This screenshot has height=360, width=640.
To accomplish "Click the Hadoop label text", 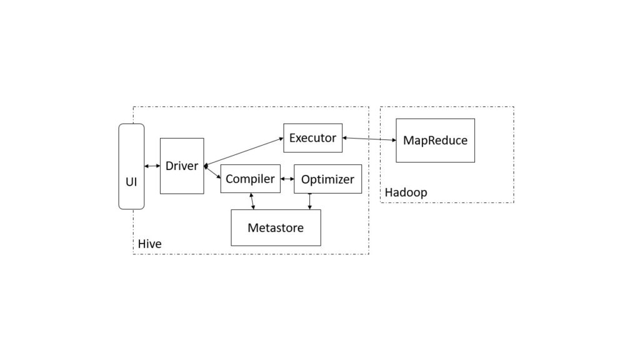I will tap(406, 192).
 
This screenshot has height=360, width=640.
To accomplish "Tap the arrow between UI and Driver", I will tap(152, 166).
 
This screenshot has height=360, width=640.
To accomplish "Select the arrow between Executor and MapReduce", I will tap(369, 139).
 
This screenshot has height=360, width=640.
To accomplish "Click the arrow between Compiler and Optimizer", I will tap(287, 179).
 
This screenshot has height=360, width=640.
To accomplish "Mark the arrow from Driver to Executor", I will tap(244, 152).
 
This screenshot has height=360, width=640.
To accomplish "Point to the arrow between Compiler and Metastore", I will tap(252, 201).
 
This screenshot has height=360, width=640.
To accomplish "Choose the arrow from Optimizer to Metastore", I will tap(309, 201).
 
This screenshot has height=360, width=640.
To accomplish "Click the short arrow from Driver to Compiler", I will tap(213, 172).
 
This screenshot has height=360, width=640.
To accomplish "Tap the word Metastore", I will tap(276, 228).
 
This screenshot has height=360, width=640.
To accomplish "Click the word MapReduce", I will tap(435, 141).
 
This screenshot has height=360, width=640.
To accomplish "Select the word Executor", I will tap(312, 137).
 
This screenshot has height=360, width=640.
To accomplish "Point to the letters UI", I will tap(131, 182).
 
